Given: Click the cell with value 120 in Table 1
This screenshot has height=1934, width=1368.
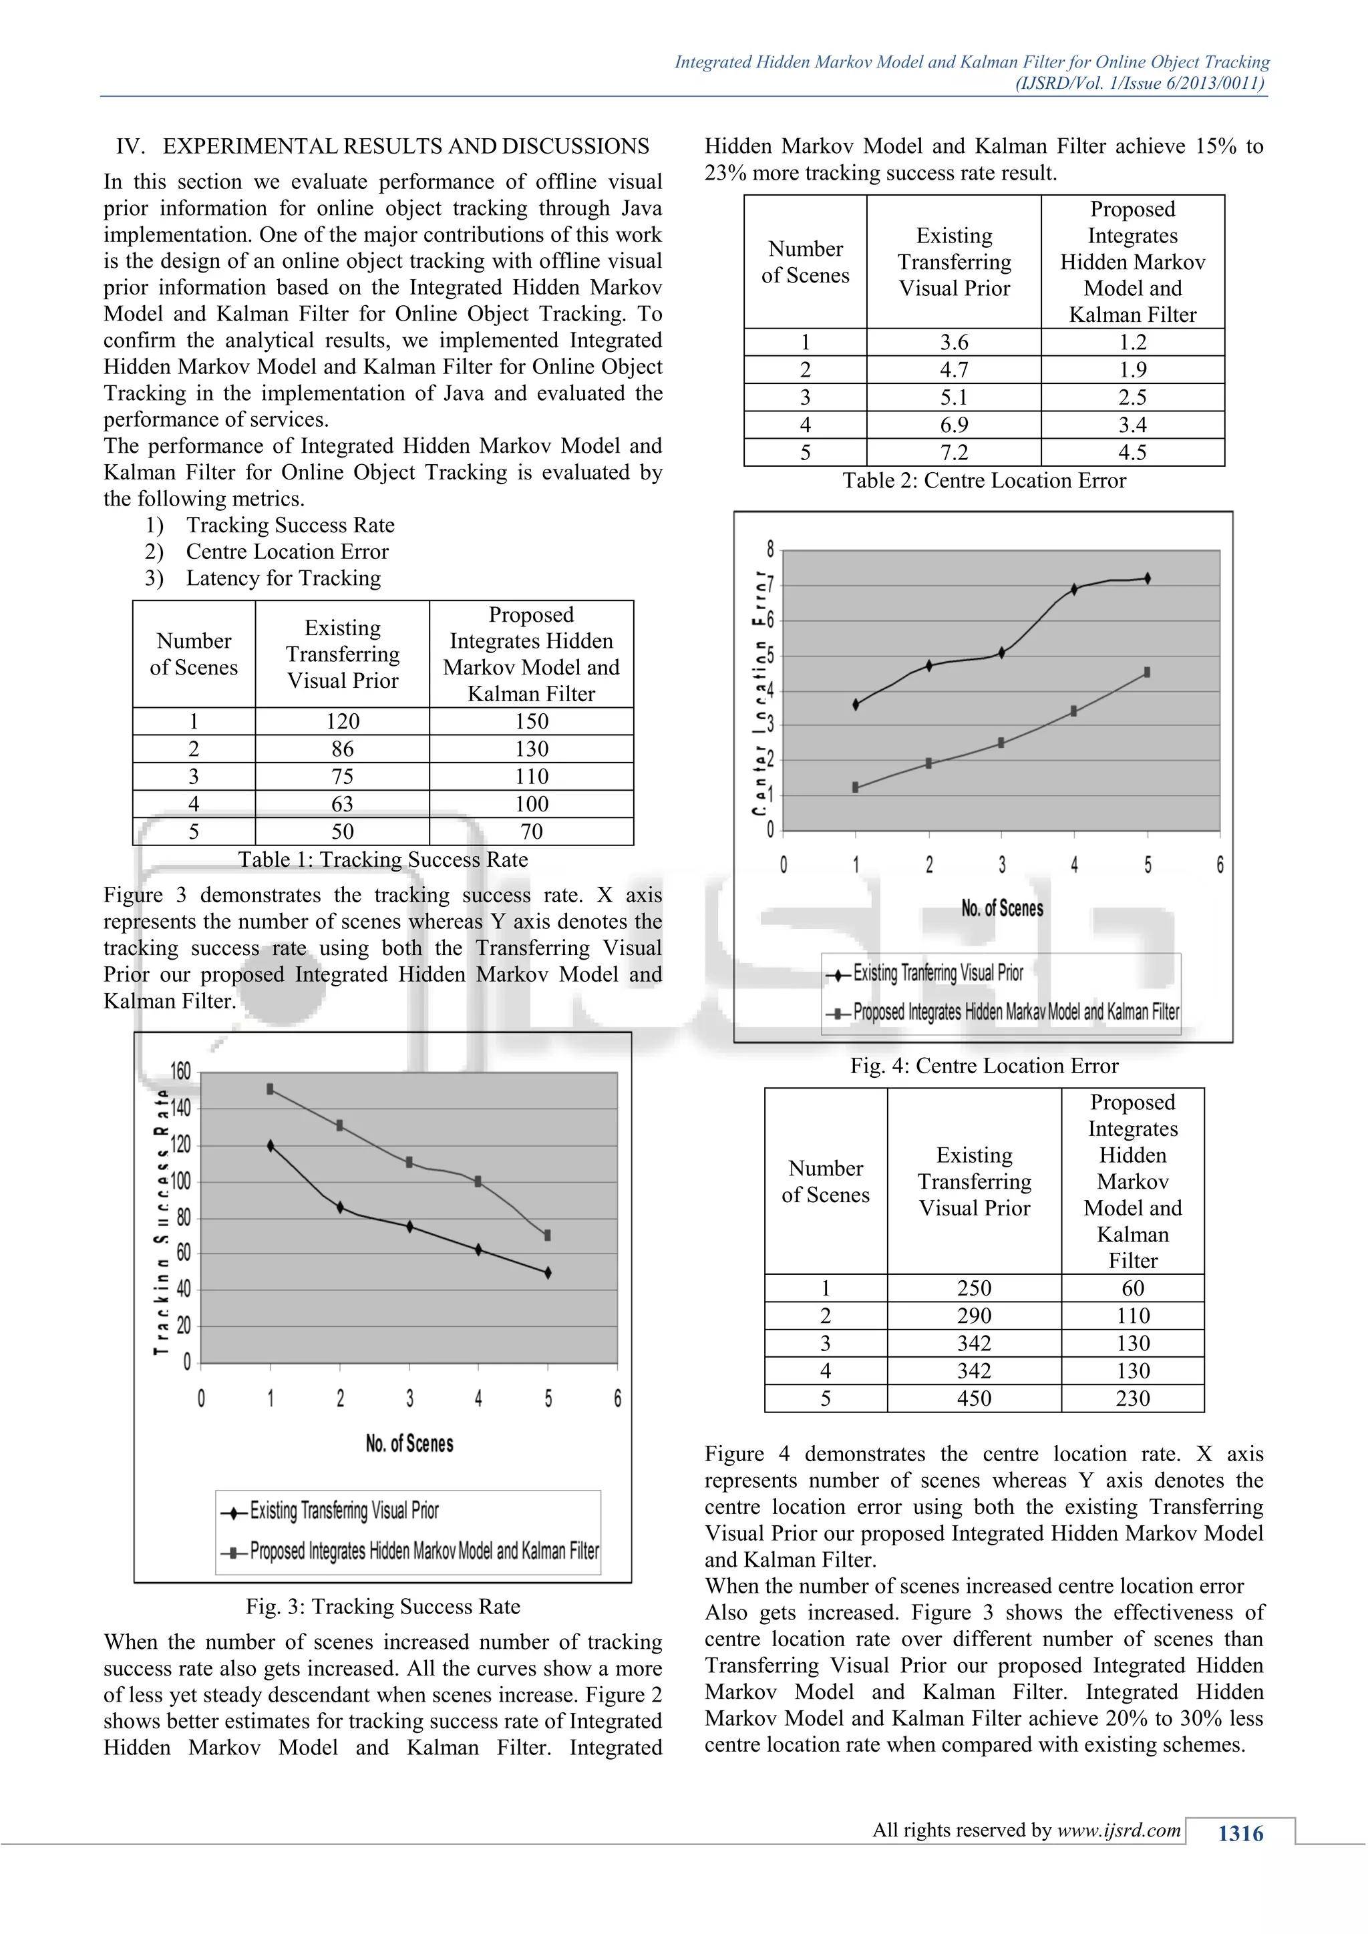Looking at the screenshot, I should point(342,721).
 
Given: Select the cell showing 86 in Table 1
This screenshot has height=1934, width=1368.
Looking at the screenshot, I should point(342,749).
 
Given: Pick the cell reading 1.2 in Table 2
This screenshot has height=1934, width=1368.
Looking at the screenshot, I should point(1132,342).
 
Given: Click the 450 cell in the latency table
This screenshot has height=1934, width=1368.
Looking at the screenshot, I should point(974,1398).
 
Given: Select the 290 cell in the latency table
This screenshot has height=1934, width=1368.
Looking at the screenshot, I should point(974,1316).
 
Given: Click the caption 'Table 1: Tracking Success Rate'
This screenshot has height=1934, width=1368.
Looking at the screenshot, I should point(383,859).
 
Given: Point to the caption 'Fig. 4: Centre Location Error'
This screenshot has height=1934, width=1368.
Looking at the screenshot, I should point(983,1066).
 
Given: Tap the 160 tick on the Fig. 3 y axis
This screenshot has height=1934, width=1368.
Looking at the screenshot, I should point(180,1071).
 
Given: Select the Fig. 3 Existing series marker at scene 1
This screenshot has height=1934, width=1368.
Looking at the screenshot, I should point(271,1145).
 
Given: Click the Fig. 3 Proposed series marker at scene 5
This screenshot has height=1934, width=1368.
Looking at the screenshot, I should point(548,1235).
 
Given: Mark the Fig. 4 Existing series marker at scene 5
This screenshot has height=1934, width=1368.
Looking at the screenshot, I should point(1148,578).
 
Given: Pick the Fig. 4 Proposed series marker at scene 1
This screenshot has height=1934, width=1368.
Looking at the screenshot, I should point(856,787).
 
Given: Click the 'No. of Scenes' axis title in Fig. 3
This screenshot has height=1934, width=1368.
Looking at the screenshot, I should point(409,1444).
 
